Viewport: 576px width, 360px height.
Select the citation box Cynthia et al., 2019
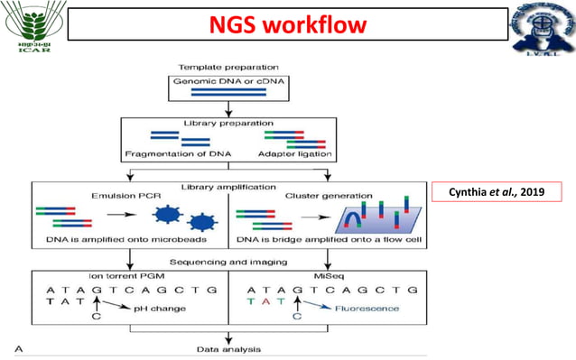pos(497,192)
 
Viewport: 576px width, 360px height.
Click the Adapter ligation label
pos(295,153)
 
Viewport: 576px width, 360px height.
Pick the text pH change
pos(161,309)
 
